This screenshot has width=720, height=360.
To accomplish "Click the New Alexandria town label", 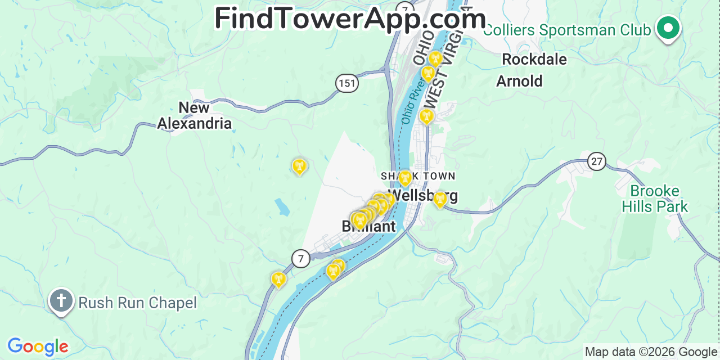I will coord(194,115).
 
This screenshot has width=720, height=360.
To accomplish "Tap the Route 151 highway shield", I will coord(347,84).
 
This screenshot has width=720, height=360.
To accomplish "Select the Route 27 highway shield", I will coord(597,162).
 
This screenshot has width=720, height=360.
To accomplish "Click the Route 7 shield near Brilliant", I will coord(301,259).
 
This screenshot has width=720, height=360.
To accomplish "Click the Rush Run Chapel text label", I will coord(137,303).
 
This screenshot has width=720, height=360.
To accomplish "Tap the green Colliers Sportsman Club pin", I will coord(668,28).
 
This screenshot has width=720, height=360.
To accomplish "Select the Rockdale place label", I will coord(534,59).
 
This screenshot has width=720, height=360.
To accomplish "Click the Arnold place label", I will coord(519,82).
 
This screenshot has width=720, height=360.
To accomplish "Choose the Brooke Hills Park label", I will coord(654,199).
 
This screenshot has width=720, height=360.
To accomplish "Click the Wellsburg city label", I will coord(423,195).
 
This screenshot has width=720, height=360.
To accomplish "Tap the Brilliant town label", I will coord(368,227).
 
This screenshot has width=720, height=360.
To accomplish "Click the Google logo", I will coord(38,346).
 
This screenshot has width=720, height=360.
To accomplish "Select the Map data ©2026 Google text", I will coord(650,352).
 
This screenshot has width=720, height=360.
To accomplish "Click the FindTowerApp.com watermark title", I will coord(350,19).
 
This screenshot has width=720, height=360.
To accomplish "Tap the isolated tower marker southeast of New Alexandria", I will coord(299,166).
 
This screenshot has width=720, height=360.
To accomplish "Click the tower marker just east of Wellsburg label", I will coord(440,199).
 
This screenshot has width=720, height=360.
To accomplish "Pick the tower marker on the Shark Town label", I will coord(404,178).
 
